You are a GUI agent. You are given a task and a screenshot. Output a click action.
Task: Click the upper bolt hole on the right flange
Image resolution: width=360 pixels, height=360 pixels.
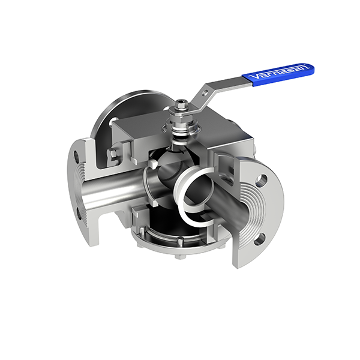262,179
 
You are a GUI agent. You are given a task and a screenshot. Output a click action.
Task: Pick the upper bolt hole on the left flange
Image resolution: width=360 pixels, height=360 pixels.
76,157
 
